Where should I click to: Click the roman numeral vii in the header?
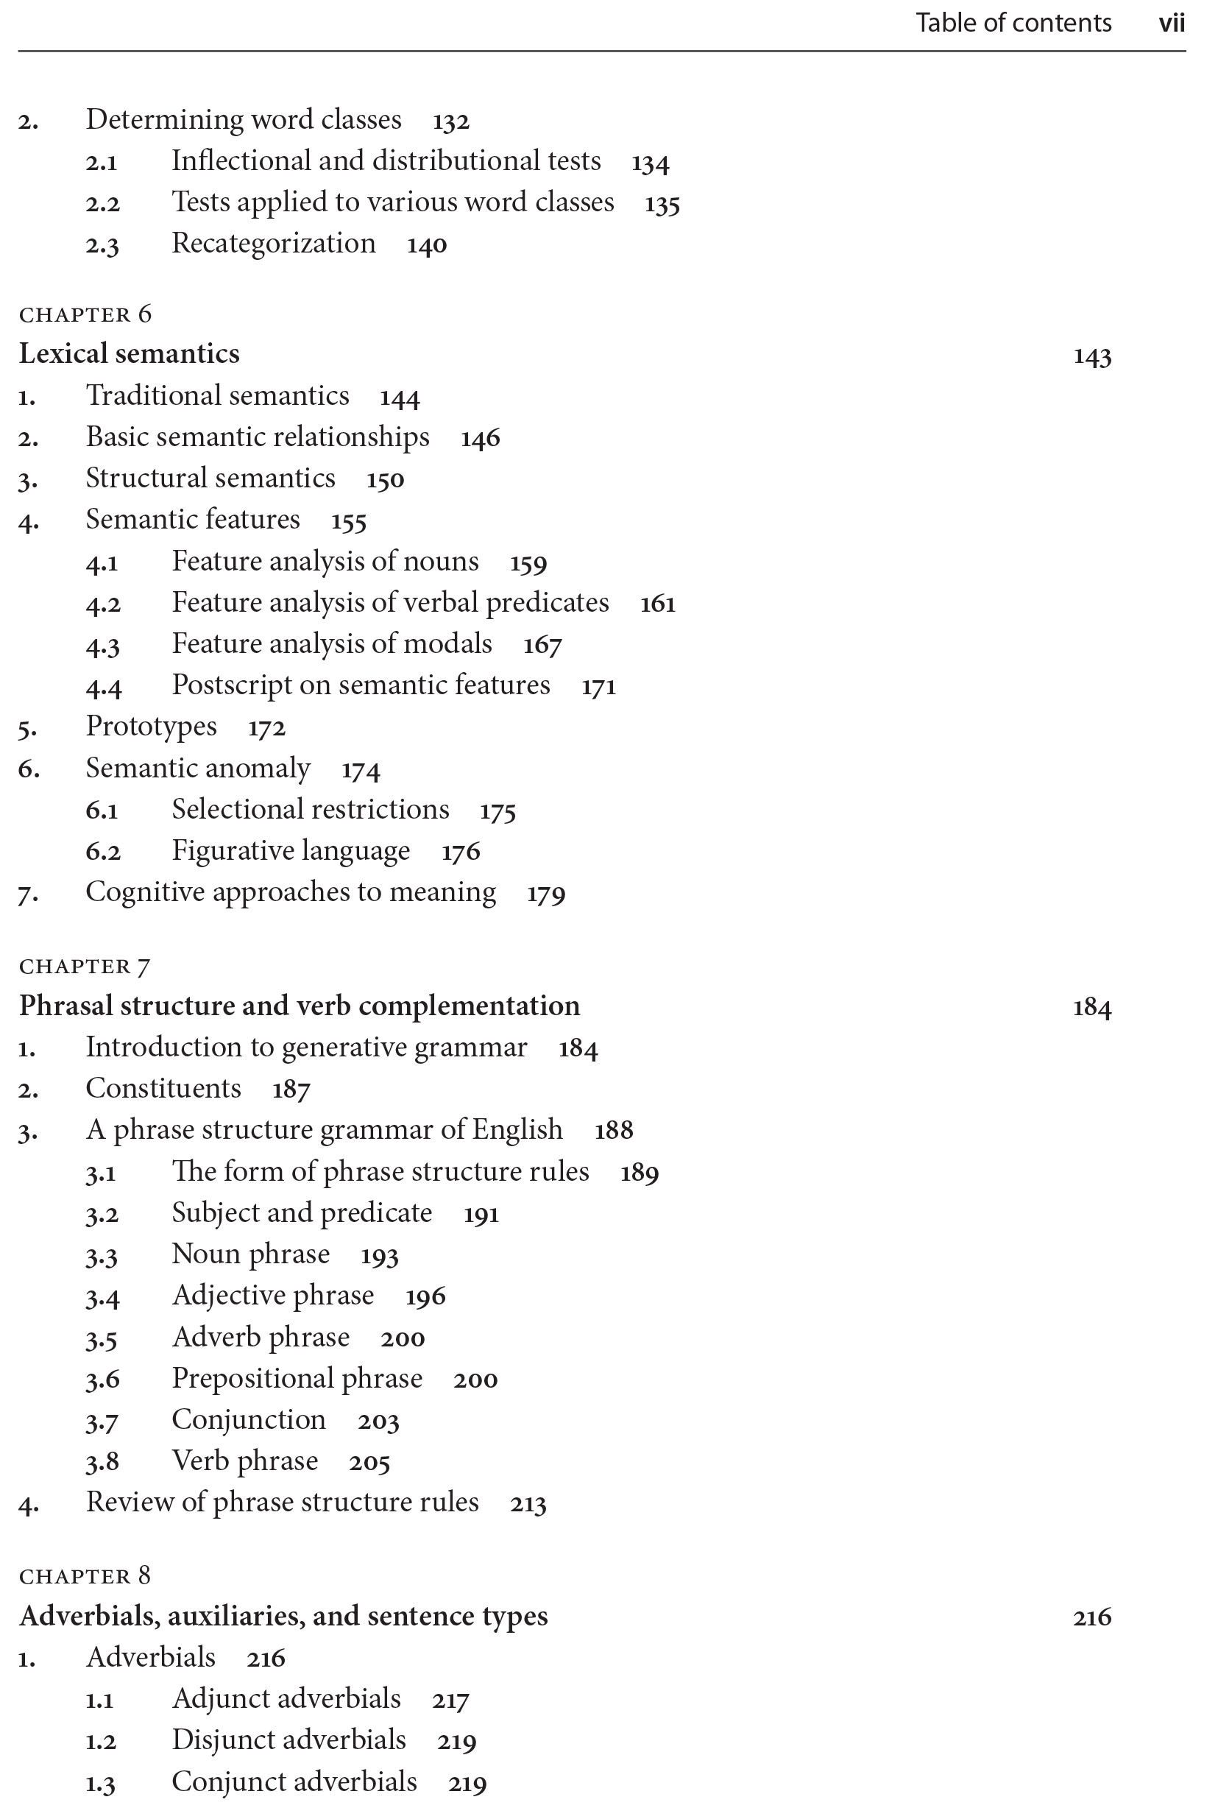[1171, 24]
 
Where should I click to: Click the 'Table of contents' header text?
[1013, 24]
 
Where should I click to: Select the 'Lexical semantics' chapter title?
[129, 353]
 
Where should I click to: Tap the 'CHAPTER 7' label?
[85, 967]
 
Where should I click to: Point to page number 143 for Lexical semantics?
[1091, 356]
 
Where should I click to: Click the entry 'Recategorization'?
[274, 243]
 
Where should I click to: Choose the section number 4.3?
[102, 645]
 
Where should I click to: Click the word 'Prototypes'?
[152, 727]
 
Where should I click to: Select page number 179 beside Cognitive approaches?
[545, 894]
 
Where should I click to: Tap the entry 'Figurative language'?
[291, 851]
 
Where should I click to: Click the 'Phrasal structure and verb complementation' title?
[299, 1006]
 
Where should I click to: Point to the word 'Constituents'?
[163, 1089]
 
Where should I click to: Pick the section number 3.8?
[102, 1462]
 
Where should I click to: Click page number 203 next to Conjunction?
[378, 1421]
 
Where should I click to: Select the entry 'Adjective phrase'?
[272, 1295]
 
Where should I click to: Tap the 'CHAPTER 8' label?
[85, 1575]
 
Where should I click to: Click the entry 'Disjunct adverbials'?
[288, 1740]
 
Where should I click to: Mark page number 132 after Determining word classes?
[450, 121]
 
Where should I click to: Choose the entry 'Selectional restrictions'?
[310, 810]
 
